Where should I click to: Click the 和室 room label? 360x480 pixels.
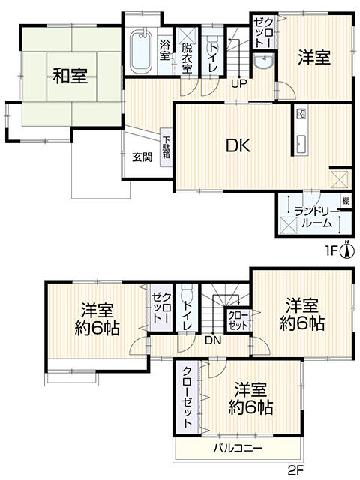70,76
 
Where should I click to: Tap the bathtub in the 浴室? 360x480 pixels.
141,52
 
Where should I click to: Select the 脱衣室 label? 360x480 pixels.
187,58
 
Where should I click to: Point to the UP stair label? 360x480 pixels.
239,83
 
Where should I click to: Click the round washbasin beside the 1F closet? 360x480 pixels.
263,62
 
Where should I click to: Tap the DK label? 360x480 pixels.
238,145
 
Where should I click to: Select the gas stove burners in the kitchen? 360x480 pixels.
301,114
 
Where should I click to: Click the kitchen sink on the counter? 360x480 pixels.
301,143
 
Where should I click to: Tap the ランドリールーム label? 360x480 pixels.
316,217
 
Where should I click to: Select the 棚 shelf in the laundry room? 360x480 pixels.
346,201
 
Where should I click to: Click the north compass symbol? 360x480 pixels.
346,250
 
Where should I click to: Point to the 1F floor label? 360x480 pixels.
331,251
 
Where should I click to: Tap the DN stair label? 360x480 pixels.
213,340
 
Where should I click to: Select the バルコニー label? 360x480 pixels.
238,448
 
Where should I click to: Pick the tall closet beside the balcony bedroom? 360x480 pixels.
187,397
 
